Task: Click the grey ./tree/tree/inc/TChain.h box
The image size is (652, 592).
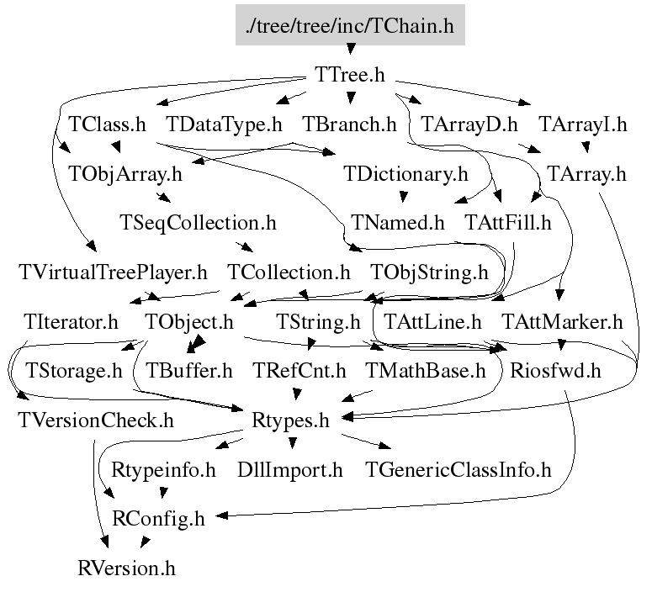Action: (350, 24)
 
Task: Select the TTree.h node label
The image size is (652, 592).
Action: (350, 75)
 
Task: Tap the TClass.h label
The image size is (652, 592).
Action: (108, 124)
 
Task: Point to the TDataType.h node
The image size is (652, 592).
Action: (224, 124)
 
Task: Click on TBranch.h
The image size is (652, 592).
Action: (349, 124)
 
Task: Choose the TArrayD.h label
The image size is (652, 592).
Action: (469, 124)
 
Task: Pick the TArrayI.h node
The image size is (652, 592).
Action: (582, 124)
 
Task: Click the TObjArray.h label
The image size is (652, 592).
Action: (125, 173)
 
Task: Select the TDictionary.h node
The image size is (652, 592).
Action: (406, 173)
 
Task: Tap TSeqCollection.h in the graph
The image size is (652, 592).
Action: (198, 222)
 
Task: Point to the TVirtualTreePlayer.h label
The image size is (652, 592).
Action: (113, 272)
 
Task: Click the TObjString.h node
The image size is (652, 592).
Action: (429, 272)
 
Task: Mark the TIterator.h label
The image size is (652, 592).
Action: (72, 322)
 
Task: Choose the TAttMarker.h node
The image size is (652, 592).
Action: (562, 322)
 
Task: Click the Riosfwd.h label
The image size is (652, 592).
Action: (555, 370)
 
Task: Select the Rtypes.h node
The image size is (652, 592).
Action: (290, 420)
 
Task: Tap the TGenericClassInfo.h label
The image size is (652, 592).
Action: (459, 469)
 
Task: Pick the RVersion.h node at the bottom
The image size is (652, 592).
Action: (126, 568)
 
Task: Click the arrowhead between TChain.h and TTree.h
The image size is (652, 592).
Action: (351, 49)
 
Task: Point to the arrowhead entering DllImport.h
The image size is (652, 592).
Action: (292, 443)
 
